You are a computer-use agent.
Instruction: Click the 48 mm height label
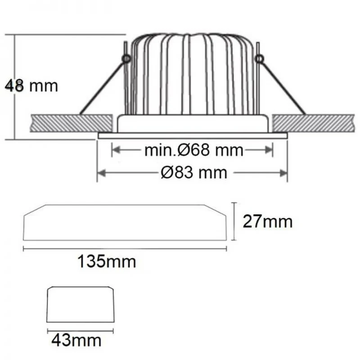31,86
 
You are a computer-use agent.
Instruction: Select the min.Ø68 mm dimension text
194,150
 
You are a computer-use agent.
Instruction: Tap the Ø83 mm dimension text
194,172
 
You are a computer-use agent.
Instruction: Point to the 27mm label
268,221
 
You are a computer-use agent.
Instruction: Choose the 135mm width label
107,261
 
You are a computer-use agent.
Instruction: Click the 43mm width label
76,340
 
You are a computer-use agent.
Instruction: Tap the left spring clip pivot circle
126,59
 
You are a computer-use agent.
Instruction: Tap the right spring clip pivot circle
259,59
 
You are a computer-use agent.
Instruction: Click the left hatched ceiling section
71,123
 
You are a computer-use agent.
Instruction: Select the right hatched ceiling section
313,123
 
